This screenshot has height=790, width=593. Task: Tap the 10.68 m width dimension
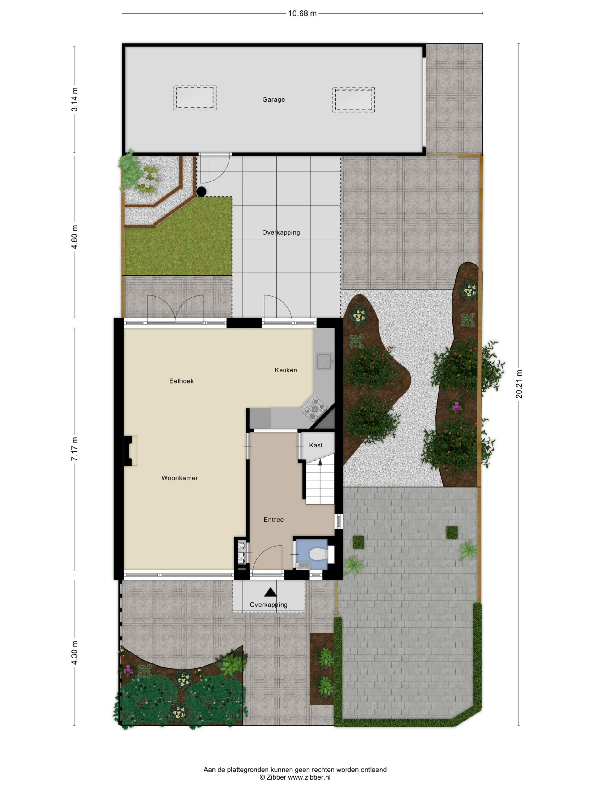point(302,14)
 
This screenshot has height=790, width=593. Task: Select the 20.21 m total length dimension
point(519,384)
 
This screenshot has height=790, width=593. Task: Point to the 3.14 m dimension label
point(74,100)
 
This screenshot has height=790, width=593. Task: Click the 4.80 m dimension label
point(74,237)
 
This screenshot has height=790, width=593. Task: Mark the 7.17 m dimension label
point(74,449)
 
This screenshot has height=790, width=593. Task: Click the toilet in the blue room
point(318,555)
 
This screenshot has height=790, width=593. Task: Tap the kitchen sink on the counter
point(325,361)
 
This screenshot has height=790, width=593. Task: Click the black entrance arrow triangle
point(270,592)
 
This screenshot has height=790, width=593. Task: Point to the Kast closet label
point(316,445)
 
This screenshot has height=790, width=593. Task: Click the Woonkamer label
point(179,478)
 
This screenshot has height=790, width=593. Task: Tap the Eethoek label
point(181,381)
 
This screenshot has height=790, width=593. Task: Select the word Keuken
point(286,370)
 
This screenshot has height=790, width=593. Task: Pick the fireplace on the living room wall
point(130,451)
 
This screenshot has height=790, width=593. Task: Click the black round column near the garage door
point(202,192)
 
